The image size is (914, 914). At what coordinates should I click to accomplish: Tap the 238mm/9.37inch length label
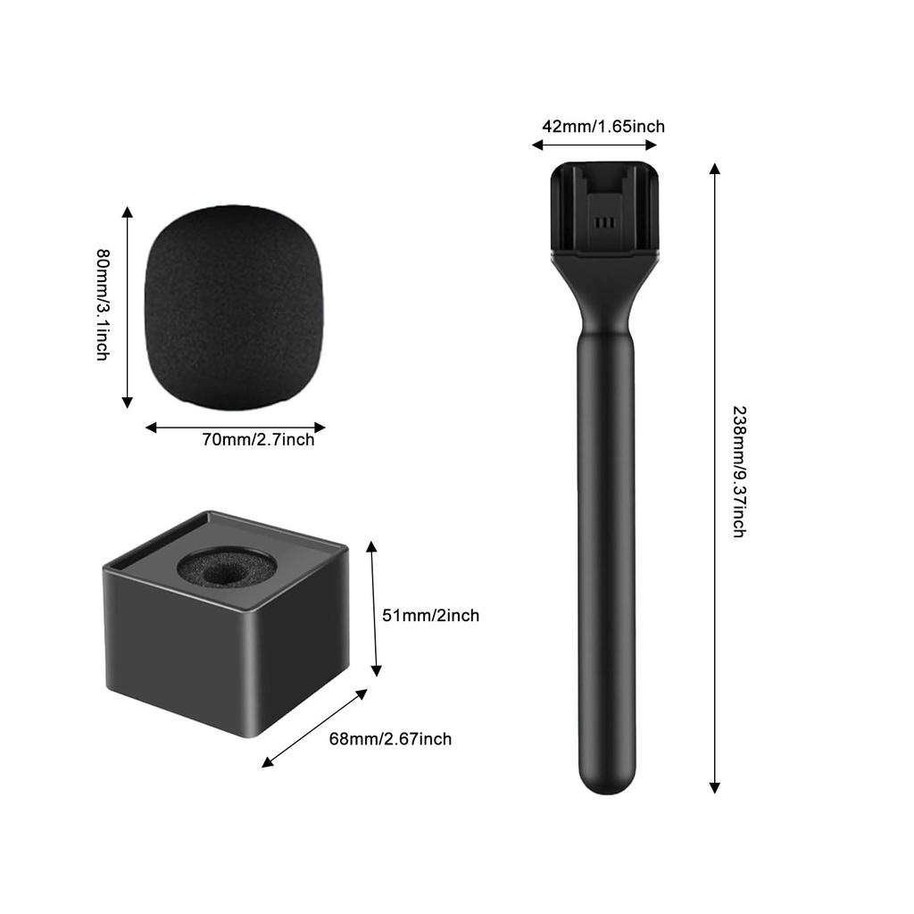(x=739, y=470)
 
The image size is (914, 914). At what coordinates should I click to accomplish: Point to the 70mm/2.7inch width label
(x=258, y=439)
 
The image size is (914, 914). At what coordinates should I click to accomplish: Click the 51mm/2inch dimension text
(x=430, y=615)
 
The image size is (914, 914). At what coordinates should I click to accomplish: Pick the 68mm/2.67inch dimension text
(x=390, y=739)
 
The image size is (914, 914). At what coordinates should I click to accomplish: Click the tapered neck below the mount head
(x=605, y=299)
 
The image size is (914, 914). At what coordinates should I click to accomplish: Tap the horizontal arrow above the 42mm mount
(x=594, y=145)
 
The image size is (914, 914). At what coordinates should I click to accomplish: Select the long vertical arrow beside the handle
(x=714, y=478)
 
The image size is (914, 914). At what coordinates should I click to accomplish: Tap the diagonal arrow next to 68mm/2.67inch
(x=315, y=727)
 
